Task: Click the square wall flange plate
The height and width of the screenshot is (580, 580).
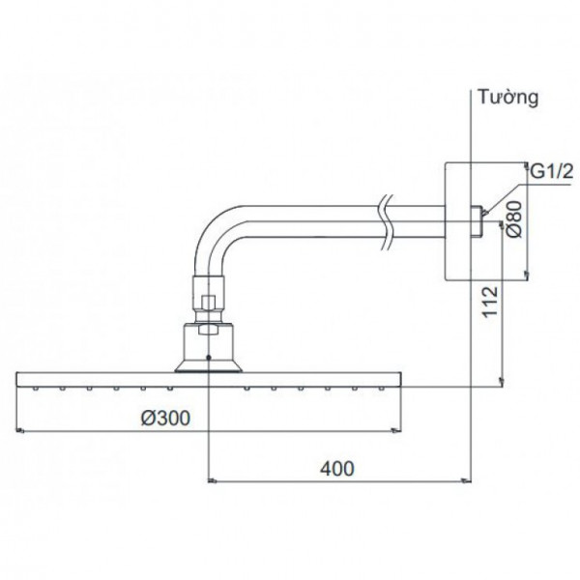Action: (x=456, y=220)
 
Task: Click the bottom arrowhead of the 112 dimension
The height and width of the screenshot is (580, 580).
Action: (x=500, y=384)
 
